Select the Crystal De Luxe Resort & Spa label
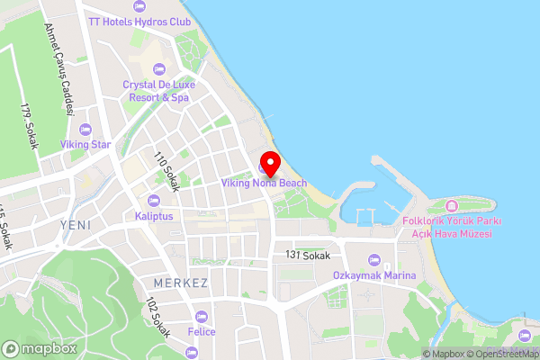(157, 90)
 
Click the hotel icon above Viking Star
(85, 128)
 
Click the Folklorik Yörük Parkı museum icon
(464, 206)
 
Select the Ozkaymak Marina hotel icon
(374, 259)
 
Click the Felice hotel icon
(201, 317)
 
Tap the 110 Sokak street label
(166, 171)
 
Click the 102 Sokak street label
(157, 319)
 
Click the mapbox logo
(39, 348)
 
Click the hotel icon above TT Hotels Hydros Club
(139, 5)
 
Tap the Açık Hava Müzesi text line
(465, 234)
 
